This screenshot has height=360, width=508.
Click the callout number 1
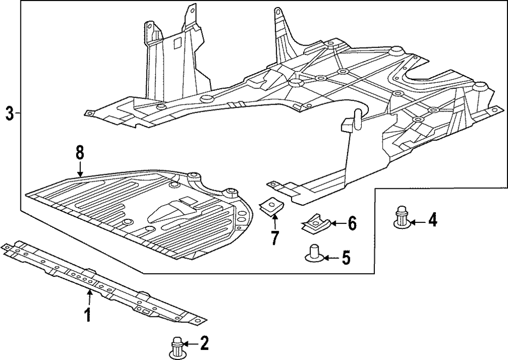87,315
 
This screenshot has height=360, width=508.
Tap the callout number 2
204,343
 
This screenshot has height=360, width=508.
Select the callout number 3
10,113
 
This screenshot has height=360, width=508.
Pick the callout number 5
345,258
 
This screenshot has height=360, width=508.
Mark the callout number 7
275,238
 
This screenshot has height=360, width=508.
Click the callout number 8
80,153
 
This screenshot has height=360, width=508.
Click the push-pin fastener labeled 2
177,348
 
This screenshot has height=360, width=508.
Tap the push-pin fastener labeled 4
402,216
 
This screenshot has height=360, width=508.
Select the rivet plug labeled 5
314,253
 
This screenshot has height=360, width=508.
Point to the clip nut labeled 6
315,223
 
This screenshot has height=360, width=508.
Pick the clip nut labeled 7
271,207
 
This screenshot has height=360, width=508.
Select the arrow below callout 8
80,170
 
